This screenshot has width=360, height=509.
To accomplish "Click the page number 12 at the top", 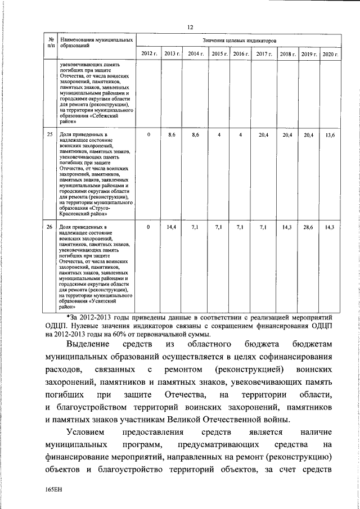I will (x=190, y=27).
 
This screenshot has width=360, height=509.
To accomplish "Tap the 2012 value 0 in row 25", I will (x=148, y=135).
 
